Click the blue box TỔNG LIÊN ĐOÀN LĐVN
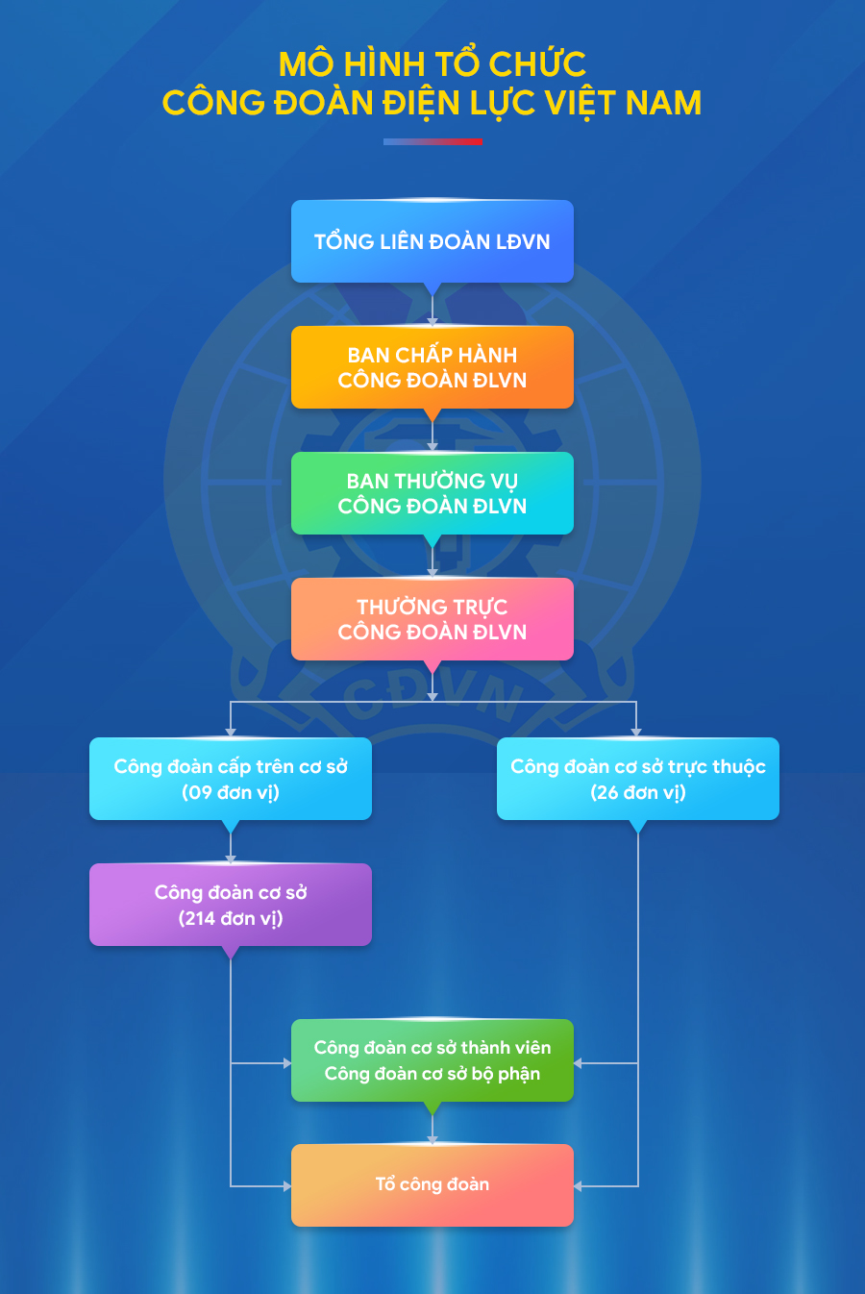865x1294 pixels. (x=432, y=241)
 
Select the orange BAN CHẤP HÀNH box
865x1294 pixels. (x=432, y=367)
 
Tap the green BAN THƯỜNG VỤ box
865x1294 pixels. (x=432, y=493)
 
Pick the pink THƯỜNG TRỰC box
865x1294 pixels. (x=432, y=619)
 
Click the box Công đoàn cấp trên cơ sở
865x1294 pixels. (x=231, y=778)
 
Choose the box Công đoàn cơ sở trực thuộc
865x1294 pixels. (x=638, y=778)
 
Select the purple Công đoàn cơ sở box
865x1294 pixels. (x=231, y=904)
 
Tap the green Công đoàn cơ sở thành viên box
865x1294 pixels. (x=432, y=1060)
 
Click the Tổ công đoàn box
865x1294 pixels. (x=432, y=1184)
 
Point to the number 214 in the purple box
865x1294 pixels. (x=198, y=918)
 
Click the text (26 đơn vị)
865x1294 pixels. (x=638, y=792)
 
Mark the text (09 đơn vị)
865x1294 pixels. (x=231, y=792)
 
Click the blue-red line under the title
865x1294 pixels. (x=432, y=141)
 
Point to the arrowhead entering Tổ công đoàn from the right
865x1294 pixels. (x=578, y=1186)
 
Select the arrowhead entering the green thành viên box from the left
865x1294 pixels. (x=287, y=1063)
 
